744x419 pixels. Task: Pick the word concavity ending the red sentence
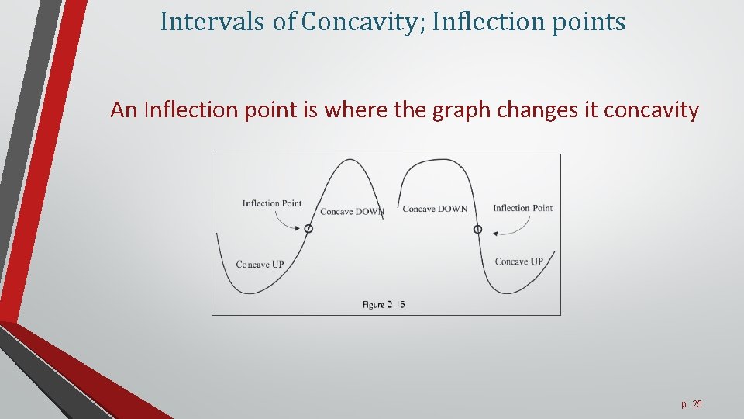tap(651, 110)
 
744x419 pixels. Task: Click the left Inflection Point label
tap(271, 203)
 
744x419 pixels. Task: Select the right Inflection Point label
tap(522, 208)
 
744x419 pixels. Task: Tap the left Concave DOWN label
tap(351, 212)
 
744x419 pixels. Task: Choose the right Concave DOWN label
tap(435, 209)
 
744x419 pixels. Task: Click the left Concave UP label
tap(260, 265)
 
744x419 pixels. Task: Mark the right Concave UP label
tap(518, 261)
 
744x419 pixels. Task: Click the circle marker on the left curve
tap(308, 229)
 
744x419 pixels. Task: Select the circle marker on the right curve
tap(477, 229)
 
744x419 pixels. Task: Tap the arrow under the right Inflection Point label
tap(513, 227)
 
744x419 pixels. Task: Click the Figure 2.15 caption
tap(384, 305)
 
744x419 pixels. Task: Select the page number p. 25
tap(691, 404)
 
